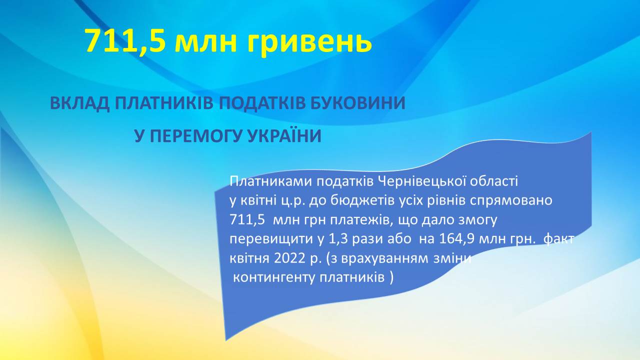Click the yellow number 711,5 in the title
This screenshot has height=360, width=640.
click(125, 41)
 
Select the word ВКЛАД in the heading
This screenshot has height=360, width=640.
click(79, 103)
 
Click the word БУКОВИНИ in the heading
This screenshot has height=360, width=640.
click(357, 103)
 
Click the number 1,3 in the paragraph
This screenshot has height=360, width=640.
click(338, 239)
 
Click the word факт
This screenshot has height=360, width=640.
click(558, 239)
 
